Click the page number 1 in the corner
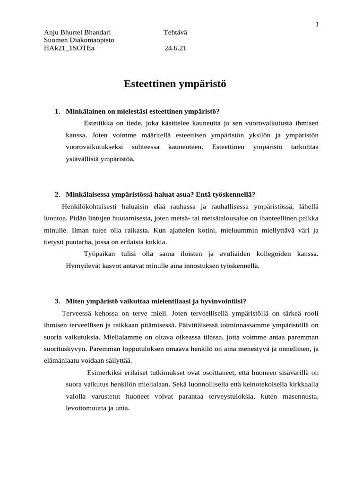tap(317, 24)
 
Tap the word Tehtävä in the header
tap(175, 32)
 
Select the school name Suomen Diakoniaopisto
tap(79, 40)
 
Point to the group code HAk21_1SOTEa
tap(69, 48)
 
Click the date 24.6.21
tap(175, 48)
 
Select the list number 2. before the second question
tap(57, 194)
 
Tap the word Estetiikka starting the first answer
tap(99, 123)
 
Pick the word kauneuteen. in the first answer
tap(185, 147)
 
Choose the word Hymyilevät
tap(82, 266)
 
